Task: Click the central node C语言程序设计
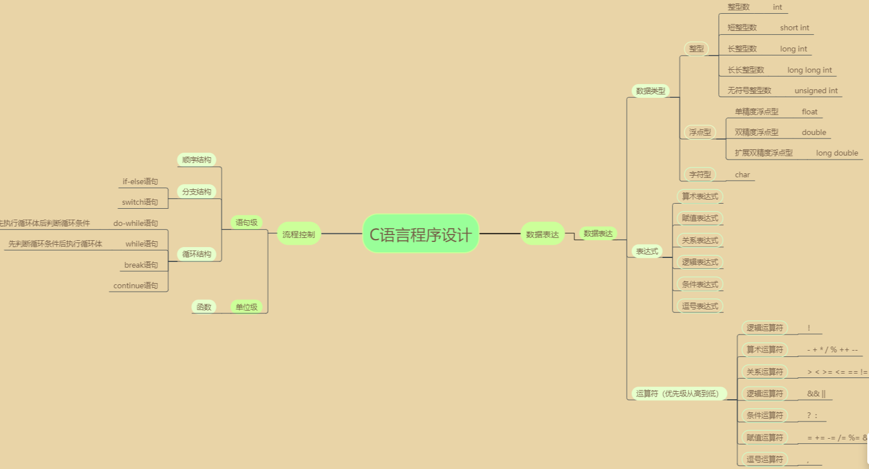421,234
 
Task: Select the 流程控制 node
298,234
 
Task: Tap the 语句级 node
246,222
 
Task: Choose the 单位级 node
246,307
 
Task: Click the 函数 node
204,307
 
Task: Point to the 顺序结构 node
197,160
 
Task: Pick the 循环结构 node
197,254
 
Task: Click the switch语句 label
140,202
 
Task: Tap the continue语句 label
136,285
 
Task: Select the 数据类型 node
651,91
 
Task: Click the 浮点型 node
700,132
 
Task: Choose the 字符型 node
700,174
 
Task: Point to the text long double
837,153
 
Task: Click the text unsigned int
816,90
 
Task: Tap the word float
810,112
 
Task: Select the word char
742,174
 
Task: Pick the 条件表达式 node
700,284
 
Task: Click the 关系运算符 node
764,372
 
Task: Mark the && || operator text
816,394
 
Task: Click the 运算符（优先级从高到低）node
678,394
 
